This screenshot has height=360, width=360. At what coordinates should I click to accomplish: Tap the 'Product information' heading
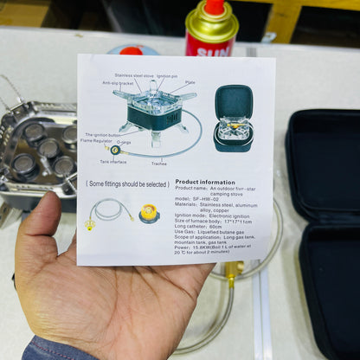[x=205, y=182]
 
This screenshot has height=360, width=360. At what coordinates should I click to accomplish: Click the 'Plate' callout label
[x=190, y=83]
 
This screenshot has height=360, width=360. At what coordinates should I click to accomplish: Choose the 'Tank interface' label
[x=113, y=160]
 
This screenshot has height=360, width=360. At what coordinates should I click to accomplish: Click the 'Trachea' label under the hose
[x=158, y=163]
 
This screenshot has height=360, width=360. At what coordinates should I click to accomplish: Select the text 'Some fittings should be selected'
[x=126, y=183]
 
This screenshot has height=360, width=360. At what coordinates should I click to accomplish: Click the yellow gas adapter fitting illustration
[x=149, y=212]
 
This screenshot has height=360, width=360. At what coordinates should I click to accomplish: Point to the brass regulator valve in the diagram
[x=114, y=150]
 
